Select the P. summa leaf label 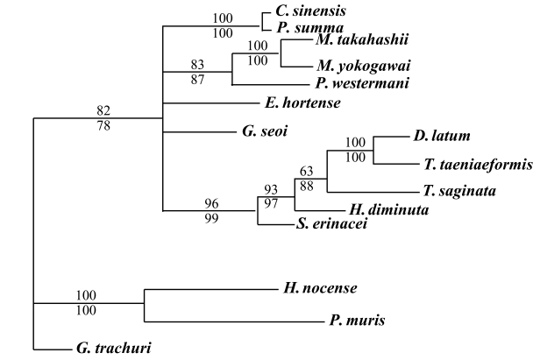click(x=303, y=27)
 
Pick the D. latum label click(x=441, y=136)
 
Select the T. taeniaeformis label click(x=469, y=163)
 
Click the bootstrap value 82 click(x=104, y=109)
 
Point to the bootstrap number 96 click(x=210, y=203)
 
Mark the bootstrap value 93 click(x=271, y=190)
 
